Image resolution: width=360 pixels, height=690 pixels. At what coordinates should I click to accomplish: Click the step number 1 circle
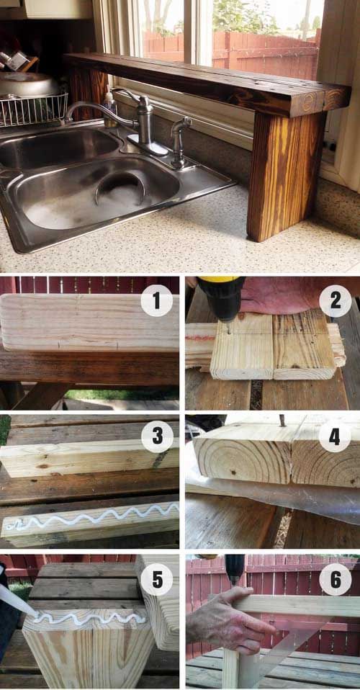[x=156, y=300]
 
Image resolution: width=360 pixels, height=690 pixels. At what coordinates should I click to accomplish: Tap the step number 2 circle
[x=336, y=301]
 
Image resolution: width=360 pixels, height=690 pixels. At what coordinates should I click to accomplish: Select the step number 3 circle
[x=157, y=437]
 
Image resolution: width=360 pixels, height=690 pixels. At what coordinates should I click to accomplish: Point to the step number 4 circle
[x=336, y=437]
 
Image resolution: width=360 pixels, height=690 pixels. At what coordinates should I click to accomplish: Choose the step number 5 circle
[x=157, y=581]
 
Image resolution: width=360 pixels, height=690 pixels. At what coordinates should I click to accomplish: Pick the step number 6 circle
[x=336, y=580]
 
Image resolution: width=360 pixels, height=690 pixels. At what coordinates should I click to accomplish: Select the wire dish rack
[x=33, y=110]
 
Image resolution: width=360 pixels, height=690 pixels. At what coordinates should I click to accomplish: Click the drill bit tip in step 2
[x=229, y=328]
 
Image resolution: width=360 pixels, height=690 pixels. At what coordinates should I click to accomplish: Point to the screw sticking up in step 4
[x=282, y=421]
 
